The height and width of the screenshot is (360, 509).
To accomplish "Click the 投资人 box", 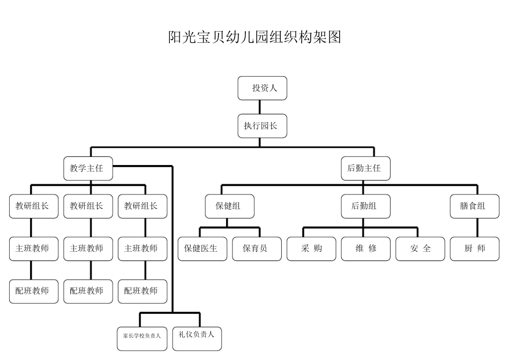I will click(263, 88).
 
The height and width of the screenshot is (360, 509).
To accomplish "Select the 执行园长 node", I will click(263, 126).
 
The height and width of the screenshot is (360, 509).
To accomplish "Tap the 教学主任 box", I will click(88, 168).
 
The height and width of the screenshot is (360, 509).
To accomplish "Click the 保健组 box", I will click(230, 206).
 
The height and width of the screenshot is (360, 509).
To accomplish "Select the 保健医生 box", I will click(202, 249).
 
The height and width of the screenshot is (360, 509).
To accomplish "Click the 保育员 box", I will click(257, 249).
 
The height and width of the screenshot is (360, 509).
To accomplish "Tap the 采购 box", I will click(311, 249).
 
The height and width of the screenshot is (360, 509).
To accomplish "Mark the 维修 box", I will click(365, 249).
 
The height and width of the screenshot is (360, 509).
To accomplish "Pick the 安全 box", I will click(420, 249).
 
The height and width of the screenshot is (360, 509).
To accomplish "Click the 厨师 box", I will click(474, 249).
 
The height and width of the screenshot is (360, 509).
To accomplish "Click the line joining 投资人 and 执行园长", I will click(260, 107).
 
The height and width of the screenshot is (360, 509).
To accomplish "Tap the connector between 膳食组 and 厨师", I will click(477, 228).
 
